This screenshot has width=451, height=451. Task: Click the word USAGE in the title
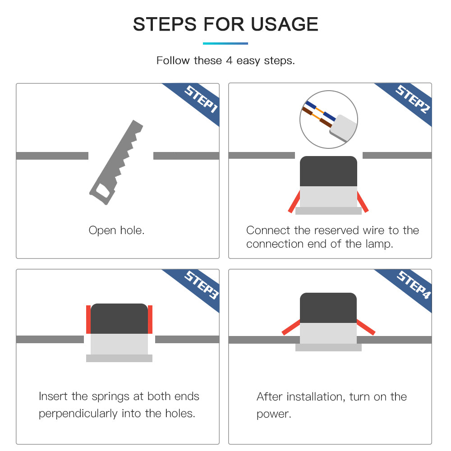coord(285,24)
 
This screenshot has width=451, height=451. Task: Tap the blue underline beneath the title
coord(225,43)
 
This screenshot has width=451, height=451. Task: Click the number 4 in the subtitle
coord(229,60)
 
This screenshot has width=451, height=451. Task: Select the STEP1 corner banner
coord(199,102)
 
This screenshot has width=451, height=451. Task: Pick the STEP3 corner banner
coord(199,288)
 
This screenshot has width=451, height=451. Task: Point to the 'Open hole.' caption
coord(116,230)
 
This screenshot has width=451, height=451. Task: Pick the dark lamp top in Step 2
coord(328,171)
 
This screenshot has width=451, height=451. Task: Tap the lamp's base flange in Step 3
coord(119,358)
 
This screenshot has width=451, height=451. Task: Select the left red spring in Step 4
coord(291,327)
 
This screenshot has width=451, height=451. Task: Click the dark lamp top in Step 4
coord(328,308)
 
